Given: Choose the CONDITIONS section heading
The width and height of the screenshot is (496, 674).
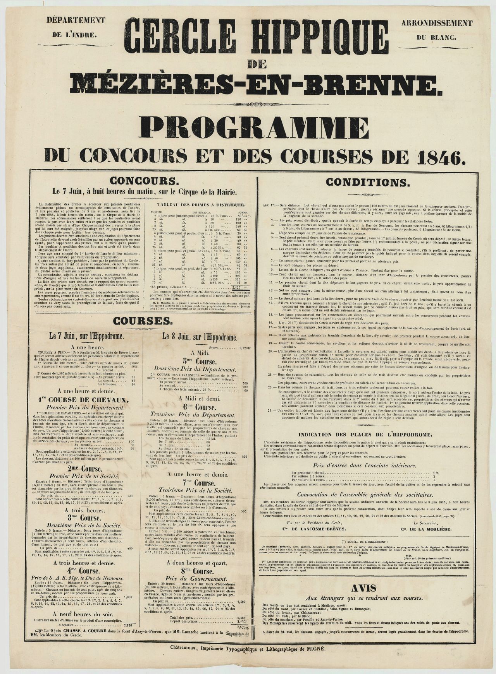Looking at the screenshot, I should point(366,181).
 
